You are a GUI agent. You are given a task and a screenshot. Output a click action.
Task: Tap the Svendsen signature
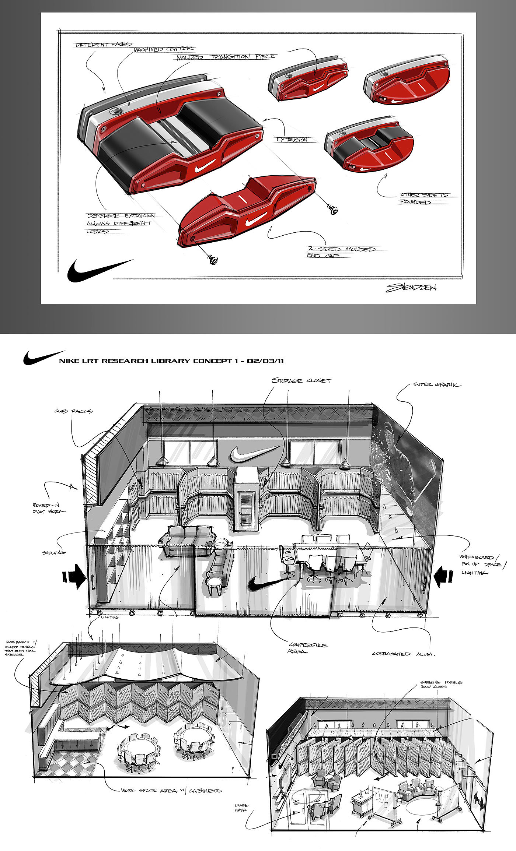click(411, 288)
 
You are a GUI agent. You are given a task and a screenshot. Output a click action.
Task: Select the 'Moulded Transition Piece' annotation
click(226, 57)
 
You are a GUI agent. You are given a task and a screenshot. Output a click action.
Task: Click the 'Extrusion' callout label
click(292, 140)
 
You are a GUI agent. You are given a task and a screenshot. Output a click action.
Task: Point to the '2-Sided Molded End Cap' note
click(341, 252)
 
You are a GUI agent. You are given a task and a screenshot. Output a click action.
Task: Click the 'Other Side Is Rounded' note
click(424, 198)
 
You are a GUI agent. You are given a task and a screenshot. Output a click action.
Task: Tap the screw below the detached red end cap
click(213, 260)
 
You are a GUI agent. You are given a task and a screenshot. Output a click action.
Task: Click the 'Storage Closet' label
click(301, 380)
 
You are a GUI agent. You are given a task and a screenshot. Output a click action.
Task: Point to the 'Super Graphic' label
click(437, 384)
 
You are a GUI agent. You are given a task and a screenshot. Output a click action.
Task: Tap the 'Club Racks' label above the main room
click(74, 411)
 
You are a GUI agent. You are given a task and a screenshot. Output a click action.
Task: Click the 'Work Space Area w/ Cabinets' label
click(171, 791)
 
